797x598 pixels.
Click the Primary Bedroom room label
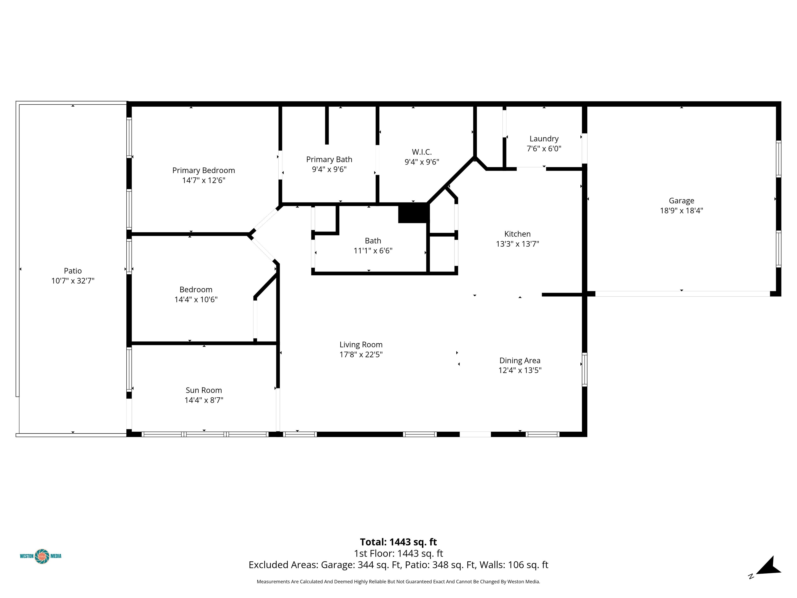tap(204, 171)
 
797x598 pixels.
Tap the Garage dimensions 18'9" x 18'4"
tap(681, 210)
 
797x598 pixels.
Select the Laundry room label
tap(544, 139)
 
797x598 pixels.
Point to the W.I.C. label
tap(422, 152)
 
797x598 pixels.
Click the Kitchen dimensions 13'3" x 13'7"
tap(517, 244)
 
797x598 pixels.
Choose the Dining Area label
tap(520, 361)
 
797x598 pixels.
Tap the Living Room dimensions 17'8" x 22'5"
tap(361, 354)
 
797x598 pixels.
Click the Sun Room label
tap(204, 390)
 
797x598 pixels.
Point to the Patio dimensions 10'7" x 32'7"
tap(73, 281)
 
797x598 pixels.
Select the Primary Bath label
tap(329, 159)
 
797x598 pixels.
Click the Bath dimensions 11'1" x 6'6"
tap(373, 250)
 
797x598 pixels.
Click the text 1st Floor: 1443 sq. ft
tap(398, 553)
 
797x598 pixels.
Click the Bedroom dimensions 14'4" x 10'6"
tap(196, 300)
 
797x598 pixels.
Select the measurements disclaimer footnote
tap(398, 581)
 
